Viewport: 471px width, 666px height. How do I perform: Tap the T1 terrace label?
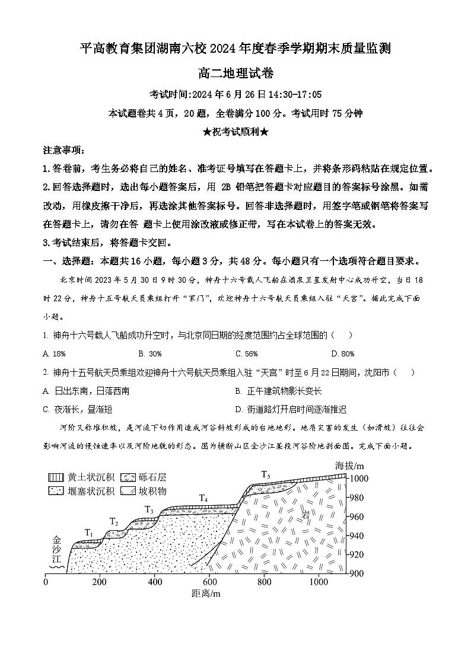90,533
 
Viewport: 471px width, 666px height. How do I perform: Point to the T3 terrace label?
149,509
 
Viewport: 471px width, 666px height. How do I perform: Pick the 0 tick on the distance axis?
46,582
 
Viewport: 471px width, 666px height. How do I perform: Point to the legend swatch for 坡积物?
128,490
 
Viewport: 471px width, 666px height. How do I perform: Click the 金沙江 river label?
57,550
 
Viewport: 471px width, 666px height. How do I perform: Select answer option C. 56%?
246,354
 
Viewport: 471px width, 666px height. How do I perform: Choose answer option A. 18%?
54,354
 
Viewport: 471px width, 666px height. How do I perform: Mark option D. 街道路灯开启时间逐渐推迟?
290,409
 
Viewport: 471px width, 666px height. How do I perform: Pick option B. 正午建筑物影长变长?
278,391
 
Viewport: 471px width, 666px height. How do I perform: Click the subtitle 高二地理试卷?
235,74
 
